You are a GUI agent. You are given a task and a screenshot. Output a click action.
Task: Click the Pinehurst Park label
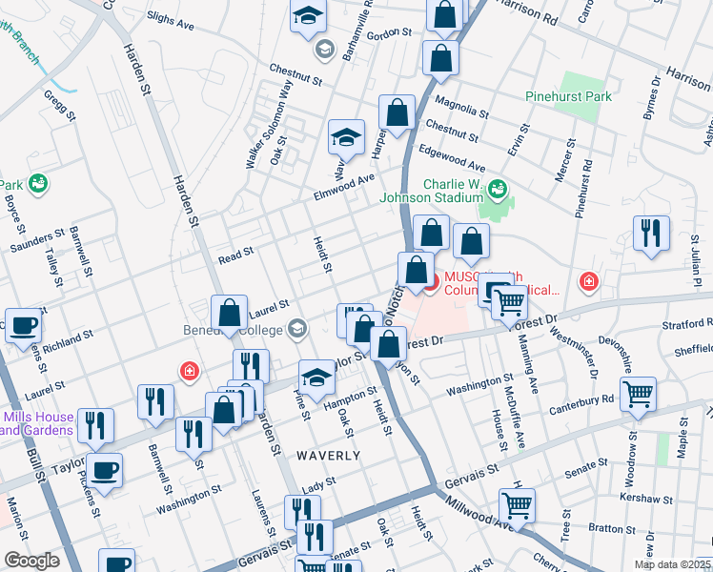(568, 96)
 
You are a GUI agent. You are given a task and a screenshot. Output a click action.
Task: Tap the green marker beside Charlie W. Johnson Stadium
(496, 190)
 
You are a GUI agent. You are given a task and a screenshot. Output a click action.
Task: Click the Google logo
(31, 561)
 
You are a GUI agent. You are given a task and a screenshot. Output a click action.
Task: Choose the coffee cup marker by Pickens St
(104, 469)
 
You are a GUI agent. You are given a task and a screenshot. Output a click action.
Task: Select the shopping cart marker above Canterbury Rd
(638, 392)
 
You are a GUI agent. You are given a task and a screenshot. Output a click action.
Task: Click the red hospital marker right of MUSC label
(588, 282)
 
